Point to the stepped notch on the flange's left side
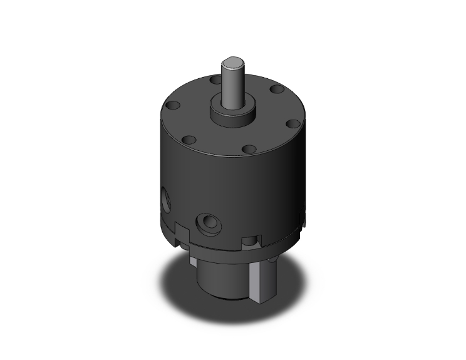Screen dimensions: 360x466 click(180, 232)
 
